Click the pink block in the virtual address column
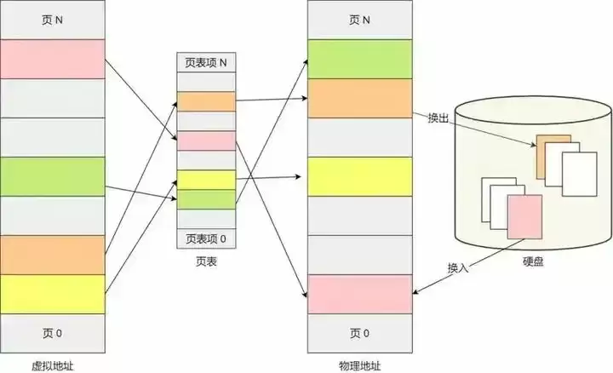click(x=52, y=59)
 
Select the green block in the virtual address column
click(x=52, y=176)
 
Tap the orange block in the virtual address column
click(x=52, y=255)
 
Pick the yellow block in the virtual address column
click(x=52, y=294)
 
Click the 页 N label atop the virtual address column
click(x=52, y=20)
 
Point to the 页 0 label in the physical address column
click(x=360, y=332)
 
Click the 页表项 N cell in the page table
click(x=205, y=62)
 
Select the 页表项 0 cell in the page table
click(x=205, y=238)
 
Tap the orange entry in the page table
click(x=205, y=102)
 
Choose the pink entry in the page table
click(x=205, y=141)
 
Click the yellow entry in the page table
click(x=205, y=180)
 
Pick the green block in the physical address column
click(x=360, y=59)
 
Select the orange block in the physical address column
click(x=360, y=98)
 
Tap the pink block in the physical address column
click(x=360, y=294)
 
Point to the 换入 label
click(x=458, y=268)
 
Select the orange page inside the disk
click(x=553, y=156)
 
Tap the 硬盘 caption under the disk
click(x=534, y=263)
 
